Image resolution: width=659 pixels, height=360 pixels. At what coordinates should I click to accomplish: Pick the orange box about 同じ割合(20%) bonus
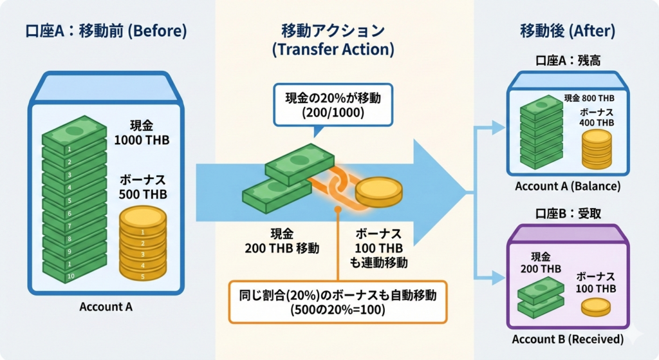[338, 302]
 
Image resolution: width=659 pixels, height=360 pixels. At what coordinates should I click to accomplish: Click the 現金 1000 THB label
[142, 132]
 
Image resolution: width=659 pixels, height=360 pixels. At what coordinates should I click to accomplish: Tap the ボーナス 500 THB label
[142, 186]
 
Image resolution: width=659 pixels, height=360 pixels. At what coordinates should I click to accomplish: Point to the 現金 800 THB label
[589, 99]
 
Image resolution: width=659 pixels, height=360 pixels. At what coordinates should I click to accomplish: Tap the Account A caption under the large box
[106, 307]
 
